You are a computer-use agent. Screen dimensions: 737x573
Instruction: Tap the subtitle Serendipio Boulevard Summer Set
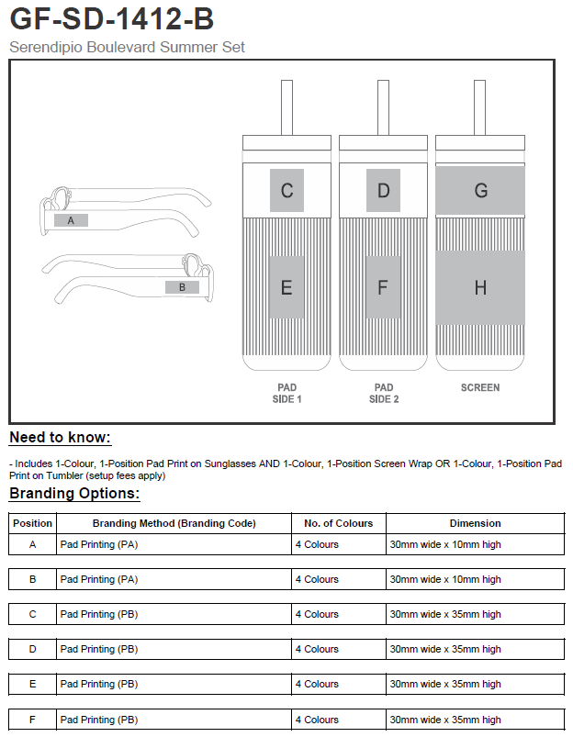tap(127, 47)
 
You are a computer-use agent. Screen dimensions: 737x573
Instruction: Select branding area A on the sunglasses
tap(71, 220)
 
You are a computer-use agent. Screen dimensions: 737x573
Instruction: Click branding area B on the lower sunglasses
tap(182, 287)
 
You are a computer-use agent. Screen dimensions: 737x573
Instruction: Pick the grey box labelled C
tap(286, 191)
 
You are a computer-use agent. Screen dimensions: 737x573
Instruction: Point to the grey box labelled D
tap(383, 191)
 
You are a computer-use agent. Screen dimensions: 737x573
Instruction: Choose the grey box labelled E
tap(286, 287)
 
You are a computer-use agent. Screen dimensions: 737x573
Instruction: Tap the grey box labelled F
tap(383, 287)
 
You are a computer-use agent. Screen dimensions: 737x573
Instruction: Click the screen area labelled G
tap(480, 191)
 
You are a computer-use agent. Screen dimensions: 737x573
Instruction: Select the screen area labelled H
tap(480, 287)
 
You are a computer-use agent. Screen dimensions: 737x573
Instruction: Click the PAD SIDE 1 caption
tap(286, 394)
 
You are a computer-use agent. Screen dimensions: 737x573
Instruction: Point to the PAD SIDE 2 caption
tap(383, 394)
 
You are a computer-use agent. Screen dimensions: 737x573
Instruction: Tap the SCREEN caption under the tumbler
tap(480, 388)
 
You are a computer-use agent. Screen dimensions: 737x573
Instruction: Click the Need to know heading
tap(60, 438)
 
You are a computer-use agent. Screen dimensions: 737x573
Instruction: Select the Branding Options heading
tap(74, 494)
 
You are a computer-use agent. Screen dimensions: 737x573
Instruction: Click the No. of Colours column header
tap(338, 523)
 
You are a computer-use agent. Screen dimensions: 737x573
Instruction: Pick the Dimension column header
tap(475, 523)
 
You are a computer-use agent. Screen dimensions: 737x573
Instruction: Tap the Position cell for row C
tap(33, 614)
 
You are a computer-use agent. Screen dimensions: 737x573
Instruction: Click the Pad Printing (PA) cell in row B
tap(99, 579)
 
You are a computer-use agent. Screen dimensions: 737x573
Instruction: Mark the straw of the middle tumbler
tap(383, 106)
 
